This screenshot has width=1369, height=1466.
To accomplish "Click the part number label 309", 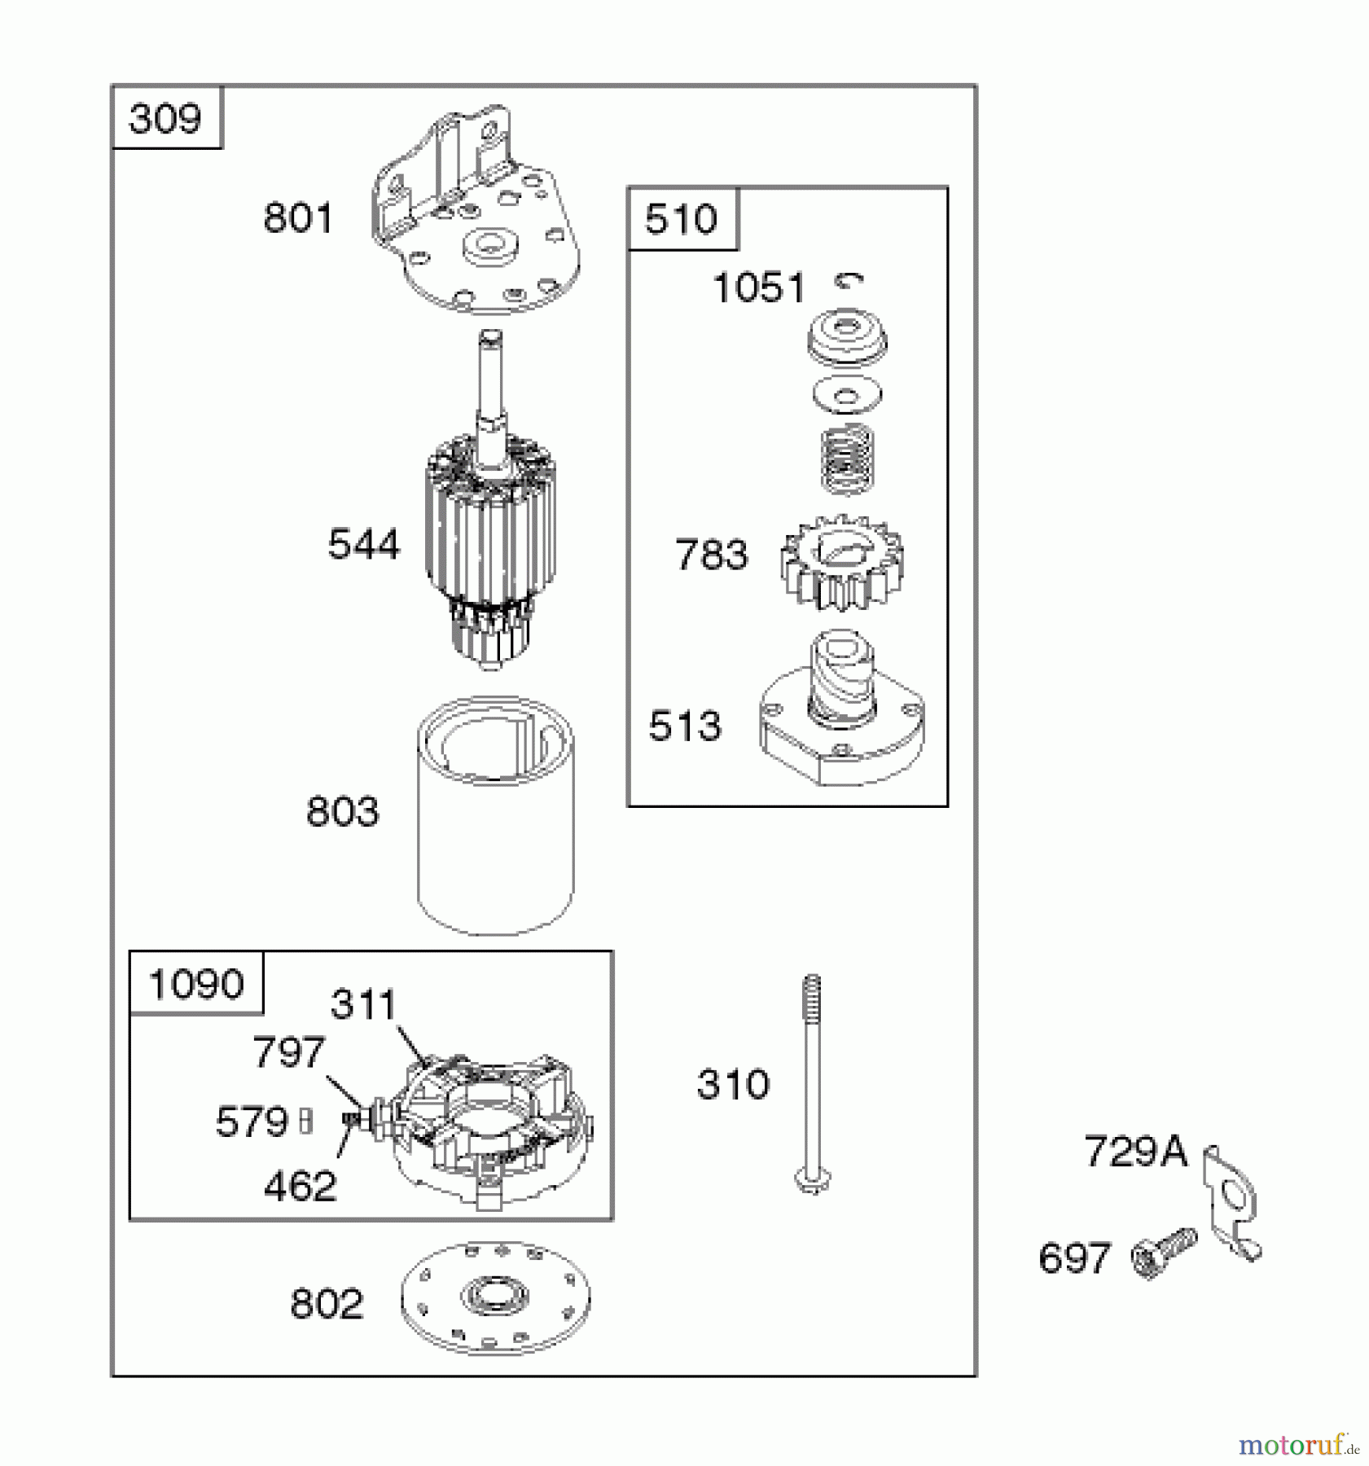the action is (x=165, y=119).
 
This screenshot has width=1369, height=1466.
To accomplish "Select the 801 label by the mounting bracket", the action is (x=298, y=218).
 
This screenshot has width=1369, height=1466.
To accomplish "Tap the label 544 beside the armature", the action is (x=364, y=544).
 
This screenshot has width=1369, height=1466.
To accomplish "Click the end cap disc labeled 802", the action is (x=495, y=1297).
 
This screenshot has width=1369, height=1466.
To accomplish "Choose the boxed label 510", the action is (x=681, y=219).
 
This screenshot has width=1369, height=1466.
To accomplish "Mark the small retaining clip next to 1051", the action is (x=849, y=281).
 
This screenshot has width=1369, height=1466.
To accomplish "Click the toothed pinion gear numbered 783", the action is (x=842, y=561).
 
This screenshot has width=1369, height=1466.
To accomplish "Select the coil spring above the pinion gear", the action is (x=848, y=460).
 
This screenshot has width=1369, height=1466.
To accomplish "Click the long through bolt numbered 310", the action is (x=811, y=1084).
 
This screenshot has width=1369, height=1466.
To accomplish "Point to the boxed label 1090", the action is (x=195, y=984).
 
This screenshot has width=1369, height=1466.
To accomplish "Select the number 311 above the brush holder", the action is (x=363, y=1004).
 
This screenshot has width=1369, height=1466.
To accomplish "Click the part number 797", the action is (x=289, y=1051).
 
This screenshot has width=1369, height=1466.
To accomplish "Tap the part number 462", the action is (x=300, y=1186).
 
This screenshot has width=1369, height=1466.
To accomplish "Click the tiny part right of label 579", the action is (x=306, y=1122).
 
